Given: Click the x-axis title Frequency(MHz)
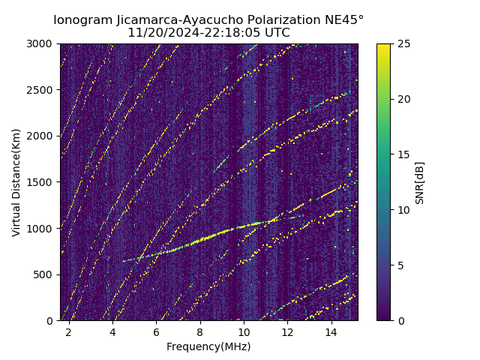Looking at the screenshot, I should coord(208,346).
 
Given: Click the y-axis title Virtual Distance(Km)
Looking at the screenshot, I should coord(16,182).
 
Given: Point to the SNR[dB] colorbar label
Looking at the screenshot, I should coord(420,182).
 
